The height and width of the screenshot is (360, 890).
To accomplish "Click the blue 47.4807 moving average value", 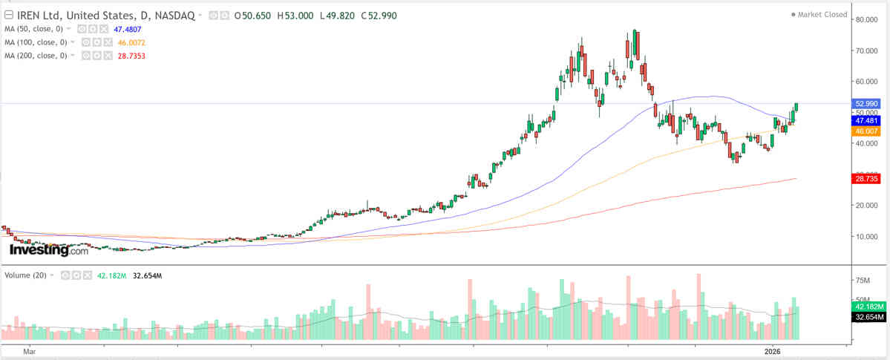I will (x=128, y=29).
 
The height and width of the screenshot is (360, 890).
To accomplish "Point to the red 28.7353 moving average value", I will (x=128, y=56).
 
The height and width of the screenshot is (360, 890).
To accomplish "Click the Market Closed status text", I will (x=822, y=14).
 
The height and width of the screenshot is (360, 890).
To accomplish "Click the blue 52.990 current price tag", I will (x=867, y=103).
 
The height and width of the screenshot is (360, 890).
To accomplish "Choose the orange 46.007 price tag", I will (x=867, y=131).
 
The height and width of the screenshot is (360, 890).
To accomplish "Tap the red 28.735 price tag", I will (x=867, y=179).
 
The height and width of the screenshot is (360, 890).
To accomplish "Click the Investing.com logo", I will (x=48, y=251).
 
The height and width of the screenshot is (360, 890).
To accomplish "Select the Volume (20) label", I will (x=26, y=275).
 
